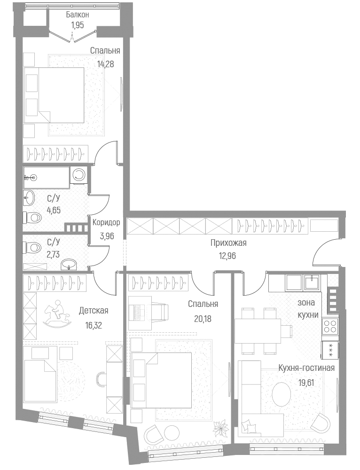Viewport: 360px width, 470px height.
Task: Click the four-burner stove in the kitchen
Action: tap(329, 326)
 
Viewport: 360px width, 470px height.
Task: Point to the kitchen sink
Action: tap(311, 282)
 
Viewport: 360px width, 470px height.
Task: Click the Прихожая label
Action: tap(228, 243)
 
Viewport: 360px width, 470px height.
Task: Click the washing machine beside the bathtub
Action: tap(78, 175)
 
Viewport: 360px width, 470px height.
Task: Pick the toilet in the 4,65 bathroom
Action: tap(32, 218)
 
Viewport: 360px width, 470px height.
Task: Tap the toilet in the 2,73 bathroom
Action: tap(32, 247)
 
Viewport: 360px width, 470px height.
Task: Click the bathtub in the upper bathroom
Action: tap(46, 177)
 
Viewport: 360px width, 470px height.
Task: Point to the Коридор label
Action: tap(106, 222)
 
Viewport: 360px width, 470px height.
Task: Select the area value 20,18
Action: tap(203, 318)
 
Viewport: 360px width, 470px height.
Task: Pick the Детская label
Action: tap(94, 311)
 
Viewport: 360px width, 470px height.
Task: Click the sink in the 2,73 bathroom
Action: tap(71, 264)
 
